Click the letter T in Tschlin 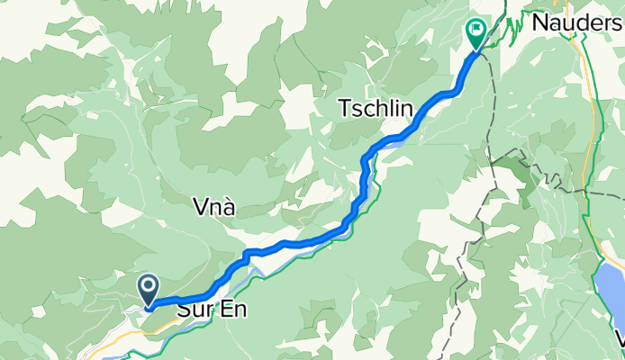344,109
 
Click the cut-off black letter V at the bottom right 620,340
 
